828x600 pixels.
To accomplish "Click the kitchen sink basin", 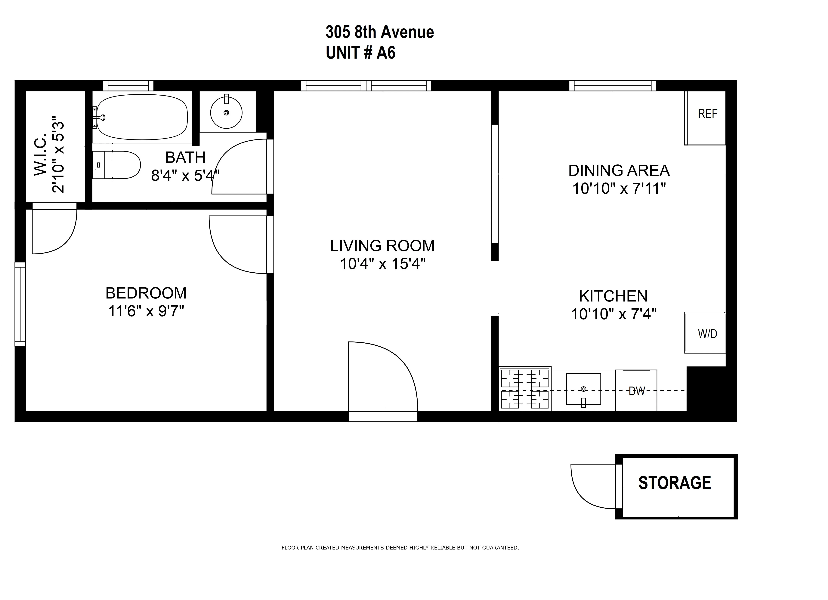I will pyautogui.click(x=583, y=389).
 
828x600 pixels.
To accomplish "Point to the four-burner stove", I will pyautogui.click(x=525, y=389).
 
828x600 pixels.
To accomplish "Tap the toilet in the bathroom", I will pyautogui.click(x=117, y=165).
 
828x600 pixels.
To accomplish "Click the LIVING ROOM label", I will pyautogui.click(x=382, y=246).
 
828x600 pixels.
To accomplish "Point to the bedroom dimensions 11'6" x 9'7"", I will pyautogui.click(x=146, y=311).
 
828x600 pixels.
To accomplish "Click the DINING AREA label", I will pyautogui.click(x=619, y=170).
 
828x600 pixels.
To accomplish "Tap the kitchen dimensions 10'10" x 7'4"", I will pyautogui.click(x=613, y=314).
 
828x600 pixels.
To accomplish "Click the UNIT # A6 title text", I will pyautogui.click(x=360, y=53).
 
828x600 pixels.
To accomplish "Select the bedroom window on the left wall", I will pyautogui.click(x=20, y=304).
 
